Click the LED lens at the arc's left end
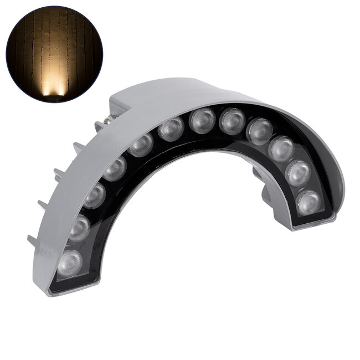69,263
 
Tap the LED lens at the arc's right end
308,202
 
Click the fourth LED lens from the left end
115,168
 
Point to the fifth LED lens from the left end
141,145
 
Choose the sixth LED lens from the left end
171,129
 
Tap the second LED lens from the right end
299,173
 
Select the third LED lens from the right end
281,148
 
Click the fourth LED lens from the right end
259,131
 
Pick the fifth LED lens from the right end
232,121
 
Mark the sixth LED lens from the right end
202,121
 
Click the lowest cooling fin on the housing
33,241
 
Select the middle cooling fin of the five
59,172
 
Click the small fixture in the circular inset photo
54,98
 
